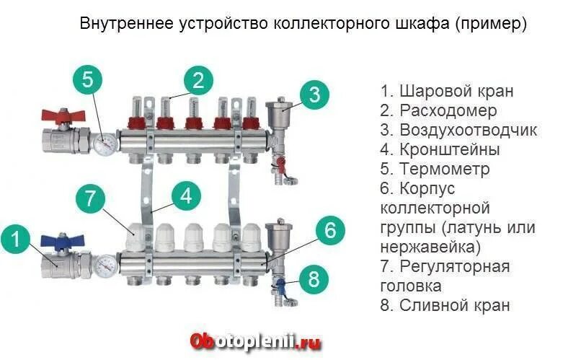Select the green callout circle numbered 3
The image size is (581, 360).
(x=314, y=95)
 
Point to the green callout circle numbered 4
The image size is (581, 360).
(x=186, y=196)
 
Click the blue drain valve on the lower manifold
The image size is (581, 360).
(x=282, y=286)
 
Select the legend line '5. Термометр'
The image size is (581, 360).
(x=435, y=170)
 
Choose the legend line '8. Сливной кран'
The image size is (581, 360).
(x=445, y=305)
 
